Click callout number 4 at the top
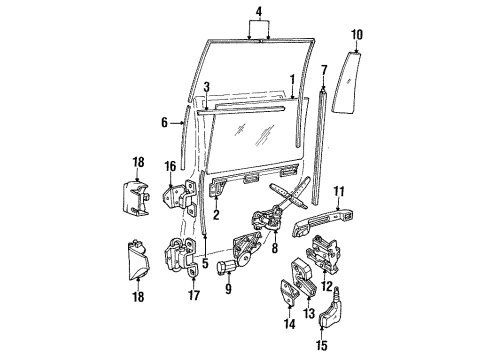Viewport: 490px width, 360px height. [259, 12]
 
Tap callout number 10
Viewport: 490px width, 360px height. [357, 35]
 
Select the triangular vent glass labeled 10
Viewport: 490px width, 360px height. [347, 82]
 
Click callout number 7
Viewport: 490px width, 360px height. [324, 71]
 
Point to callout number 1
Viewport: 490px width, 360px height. [293, 80]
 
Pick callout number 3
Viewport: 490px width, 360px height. [207, 87]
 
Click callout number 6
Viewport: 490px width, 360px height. [164, 123]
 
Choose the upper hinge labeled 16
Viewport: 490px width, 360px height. [179, 198]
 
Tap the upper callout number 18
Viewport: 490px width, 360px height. [138, 162]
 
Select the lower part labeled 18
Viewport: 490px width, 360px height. [139, 260]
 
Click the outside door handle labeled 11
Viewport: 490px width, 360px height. [322, 221]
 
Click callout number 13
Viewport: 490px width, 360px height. [309, 313]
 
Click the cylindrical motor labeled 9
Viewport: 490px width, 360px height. [227, 267]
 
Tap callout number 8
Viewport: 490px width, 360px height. [274, 248]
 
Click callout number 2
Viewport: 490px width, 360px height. [216, 214]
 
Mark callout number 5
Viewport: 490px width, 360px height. [205, 263]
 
